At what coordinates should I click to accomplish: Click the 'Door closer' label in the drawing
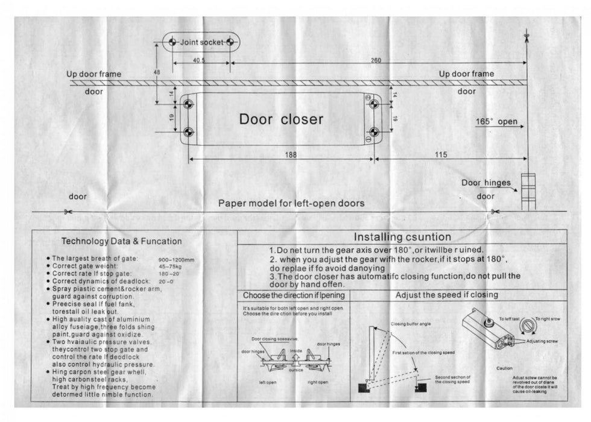pos(281,119)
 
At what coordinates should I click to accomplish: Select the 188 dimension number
pos(291,155)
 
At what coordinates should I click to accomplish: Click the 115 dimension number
pos(440,155)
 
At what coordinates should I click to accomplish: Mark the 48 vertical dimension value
pos(157,72)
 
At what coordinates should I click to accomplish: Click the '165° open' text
pos(496,122)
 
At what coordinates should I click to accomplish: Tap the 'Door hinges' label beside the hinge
pos(486,183)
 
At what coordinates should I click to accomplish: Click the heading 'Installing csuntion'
pos(402,237)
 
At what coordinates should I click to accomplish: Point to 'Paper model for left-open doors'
pos(291,203)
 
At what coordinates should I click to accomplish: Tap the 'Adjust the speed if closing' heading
pos(446,295)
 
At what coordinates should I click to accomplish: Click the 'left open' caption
pos(268,382)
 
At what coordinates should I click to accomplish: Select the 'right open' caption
pos(317,382)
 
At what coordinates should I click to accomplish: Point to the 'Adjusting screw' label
pos(542,341)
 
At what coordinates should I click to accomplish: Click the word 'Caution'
pos(505,368)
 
